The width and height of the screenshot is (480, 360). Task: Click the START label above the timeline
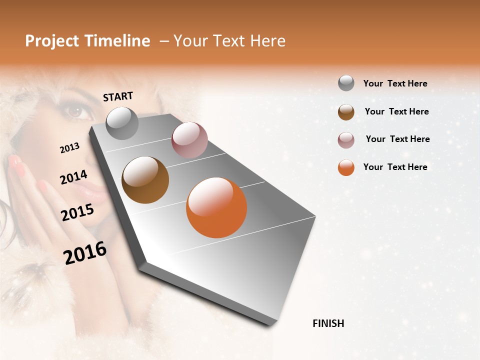[118, 96]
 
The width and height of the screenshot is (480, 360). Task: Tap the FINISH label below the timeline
[328, 323]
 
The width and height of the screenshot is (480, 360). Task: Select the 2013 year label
[69, 148]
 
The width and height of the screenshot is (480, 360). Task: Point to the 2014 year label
[73, 177]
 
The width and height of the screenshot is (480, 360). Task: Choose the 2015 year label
[77, 212]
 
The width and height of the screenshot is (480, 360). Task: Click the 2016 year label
[85, 253]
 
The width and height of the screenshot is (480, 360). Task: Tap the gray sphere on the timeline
[122, 123]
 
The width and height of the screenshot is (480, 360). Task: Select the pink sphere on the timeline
[189, 140]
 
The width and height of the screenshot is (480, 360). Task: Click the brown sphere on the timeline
[145, 180]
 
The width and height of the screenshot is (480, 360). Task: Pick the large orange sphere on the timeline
[216, 207]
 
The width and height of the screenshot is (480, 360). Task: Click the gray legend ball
[346, 83]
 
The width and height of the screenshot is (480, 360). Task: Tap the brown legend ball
[346, 112]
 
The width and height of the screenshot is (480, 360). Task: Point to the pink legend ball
[346, 140]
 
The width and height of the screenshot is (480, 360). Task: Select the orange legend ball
[346, 167]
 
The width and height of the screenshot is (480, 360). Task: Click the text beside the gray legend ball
[395, 84]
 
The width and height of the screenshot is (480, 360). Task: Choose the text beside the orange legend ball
[395, 167]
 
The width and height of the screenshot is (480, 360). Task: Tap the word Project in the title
[52, 41]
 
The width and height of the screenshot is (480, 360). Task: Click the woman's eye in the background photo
[77, 111]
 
